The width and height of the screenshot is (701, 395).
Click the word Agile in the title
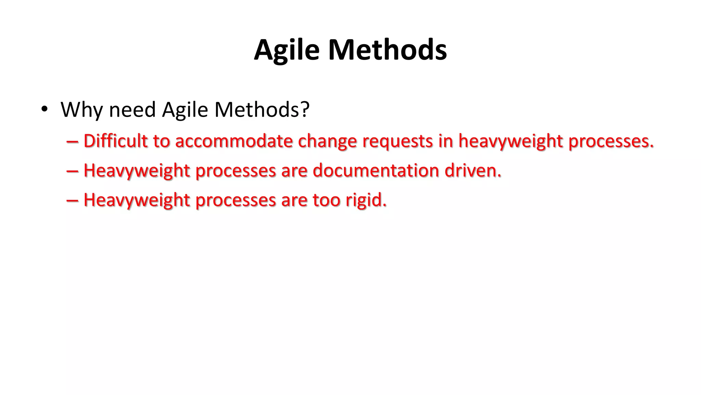click(287, 50)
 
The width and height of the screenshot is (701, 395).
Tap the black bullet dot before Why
click(44, 109)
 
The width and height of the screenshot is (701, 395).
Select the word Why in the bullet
click(81, 110)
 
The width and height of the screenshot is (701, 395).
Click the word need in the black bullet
click(132, 110)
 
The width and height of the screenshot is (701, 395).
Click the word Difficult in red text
click(115, 141)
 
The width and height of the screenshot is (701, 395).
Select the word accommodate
click(234, 141)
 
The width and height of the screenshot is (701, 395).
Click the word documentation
click(376, 170)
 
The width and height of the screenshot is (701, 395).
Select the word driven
click(473, 170)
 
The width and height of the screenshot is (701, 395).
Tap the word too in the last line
click(326, 200)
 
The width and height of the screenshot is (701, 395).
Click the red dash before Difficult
click(72, 141)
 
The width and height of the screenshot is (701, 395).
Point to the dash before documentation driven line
click(72, 171)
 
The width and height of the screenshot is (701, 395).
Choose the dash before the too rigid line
click(72, 200)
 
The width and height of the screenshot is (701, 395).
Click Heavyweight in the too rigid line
click(137, 200)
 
